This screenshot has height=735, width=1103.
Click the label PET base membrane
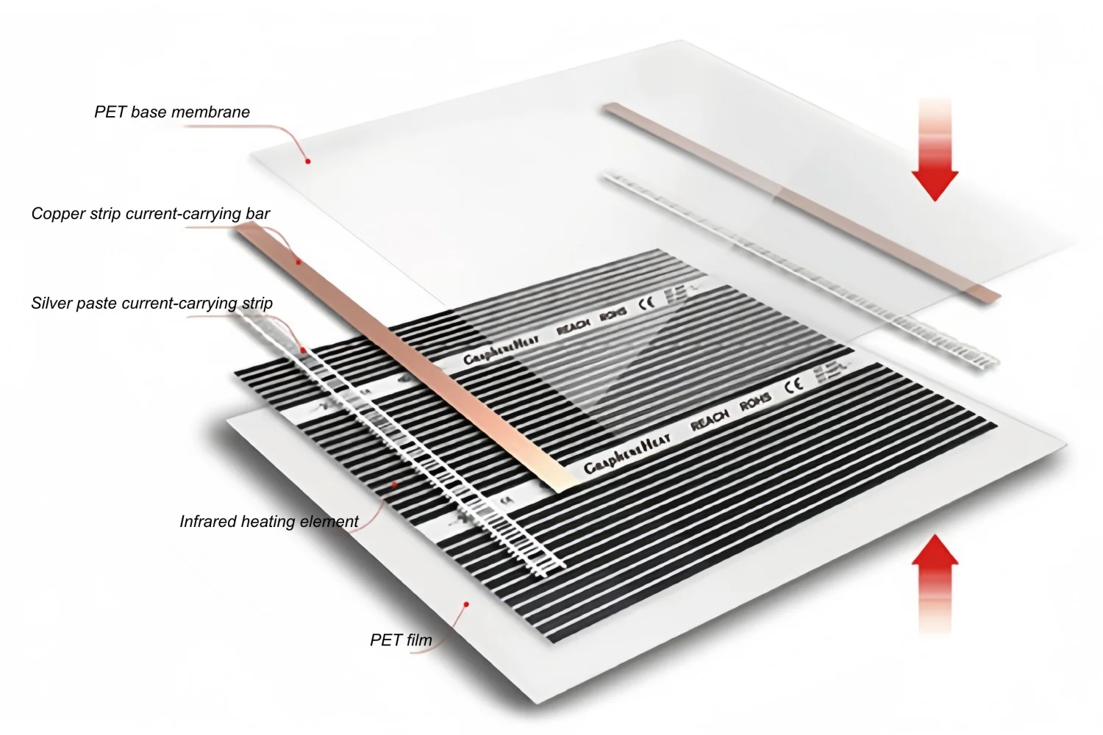[x=172, y=112]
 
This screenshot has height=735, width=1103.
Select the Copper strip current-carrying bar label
[x=151, y=214]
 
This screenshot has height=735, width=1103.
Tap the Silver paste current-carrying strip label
[x=152, y=303]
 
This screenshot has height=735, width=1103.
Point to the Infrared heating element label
[x=269, y=521]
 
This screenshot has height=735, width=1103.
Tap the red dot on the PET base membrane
[x=308, y=160]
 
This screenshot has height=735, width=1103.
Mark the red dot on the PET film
[x=466, y=604]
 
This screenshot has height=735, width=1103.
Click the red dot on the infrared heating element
[x=395, y=484]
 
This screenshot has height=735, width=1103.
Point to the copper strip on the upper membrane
[x=802, y=200]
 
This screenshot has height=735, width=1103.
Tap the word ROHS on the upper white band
[x=613, y=314]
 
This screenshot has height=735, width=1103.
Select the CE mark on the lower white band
[x=793, y=385]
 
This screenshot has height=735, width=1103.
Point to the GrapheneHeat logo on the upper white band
[x=501, y=349]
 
